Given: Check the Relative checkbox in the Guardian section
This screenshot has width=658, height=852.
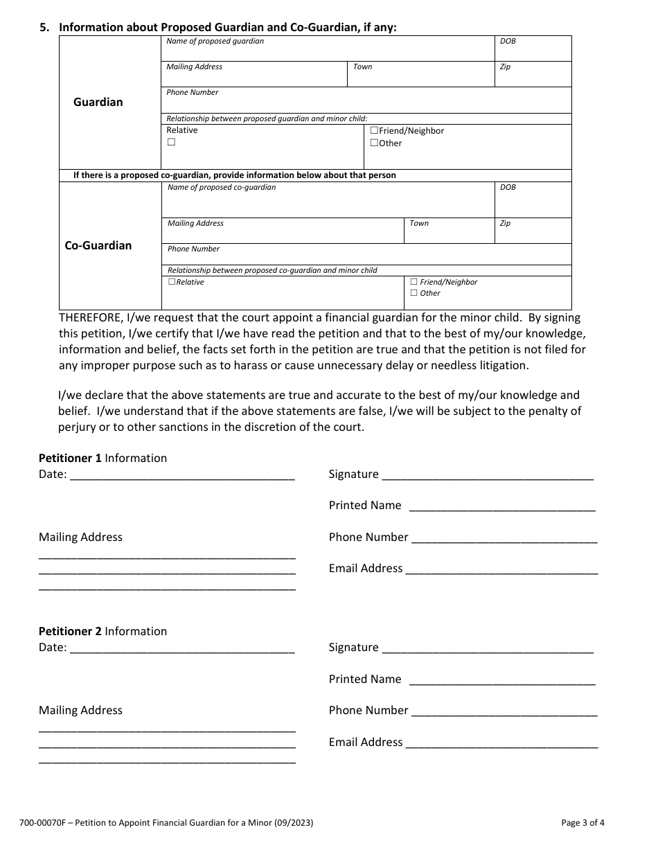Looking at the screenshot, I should coord(171,142).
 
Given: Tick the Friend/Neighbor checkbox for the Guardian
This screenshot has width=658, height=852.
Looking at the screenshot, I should coord(374,130).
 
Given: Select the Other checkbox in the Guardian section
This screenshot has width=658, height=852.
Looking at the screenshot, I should coord(374,143).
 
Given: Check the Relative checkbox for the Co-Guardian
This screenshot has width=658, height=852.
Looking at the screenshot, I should coord(172,282).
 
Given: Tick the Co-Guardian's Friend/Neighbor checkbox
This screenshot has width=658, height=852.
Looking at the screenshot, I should coord(414,282).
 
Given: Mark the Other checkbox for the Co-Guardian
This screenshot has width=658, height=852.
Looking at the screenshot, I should coord(414,293).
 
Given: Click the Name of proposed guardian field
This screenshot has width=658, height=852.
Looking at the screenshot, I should coord(328,52).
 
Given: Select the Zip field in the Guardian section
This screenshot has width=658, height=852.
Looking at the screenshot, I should coord(533,77).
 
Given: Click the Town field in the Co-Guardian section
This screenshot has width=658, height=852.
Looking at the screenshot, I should coord(449,234).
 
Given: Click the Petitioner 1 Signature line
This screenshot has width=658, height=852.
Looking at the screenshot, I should coord(487,474).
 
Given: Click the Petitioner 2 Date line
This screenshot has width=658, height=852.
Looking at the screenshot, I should coord(182,648).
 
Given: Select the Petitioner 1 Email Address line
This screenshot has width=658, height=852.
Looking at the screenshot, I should coord(501,569).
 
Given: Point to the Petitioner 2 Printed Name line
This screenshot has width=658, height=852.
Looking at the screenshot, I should coord(502,680).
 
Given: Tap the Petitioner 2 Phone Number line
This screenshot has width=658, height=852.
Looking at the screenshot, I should coord(504,711).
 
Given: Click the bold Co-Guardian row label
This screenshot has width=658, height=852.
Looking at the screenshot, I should coord(98,245).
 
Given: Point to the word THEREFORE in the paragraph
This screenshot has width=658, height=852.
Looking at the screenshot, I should coord(91,318).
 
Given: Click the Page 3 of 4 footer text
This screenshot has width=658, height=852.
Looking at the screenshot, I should coord(583,824).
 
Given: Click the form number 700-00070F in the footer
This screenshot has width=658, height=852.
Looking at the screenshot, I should coord(42,824).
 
